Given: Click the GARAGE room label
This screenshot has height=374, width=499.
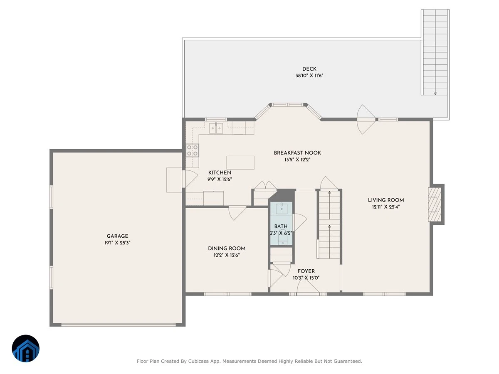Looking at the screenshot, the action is [x=117, y=236].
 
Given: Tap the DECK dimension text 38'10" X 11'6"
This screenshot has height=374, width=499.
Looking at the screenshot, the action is [x=309, y=76].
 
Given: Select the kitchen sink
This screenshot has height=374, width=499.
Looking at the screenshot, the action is [x=216, y=128].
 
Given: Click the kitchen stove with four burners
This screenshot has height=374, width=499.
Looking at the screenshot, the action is [x=193, y=150].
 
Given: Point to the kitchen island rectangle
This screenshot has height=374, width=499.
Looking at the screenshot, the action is [x=240, y=162].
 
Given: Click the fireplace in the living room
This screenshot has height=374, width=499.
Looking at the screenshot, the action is [x=435, y=204].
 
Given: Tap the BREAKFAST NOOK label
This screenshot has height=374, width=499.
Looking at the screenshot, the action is [x=297, y=153].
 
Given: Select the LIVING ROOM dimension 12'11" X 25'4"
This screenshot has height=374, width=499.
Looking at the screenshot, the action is [x=386, y=207].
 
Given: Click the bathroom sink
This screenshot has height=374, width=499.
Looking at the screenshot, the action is [x=282, y=209].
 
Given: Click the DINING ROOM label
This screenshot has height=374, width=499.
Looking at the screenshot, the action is [x=227, y=249].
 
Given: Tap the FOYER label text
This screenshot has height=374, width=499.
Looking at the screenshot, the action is [x=306, y=271].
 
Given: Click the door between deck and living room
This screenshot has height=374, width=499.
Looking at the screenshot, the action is [x=366, y=119].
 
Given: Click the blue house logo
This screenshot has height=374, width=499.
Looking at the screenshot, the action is [x=26, y=348].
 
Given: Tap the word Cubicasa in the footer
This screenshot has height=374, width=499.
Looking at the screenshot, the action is [x=198, y=361].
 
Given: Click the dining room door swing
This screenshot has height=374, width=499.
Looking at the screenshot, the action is [x=237, y=213].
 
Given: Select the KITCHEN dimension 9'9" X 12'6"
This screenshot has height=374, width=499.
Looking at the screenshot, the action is [x=220, y=180].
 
